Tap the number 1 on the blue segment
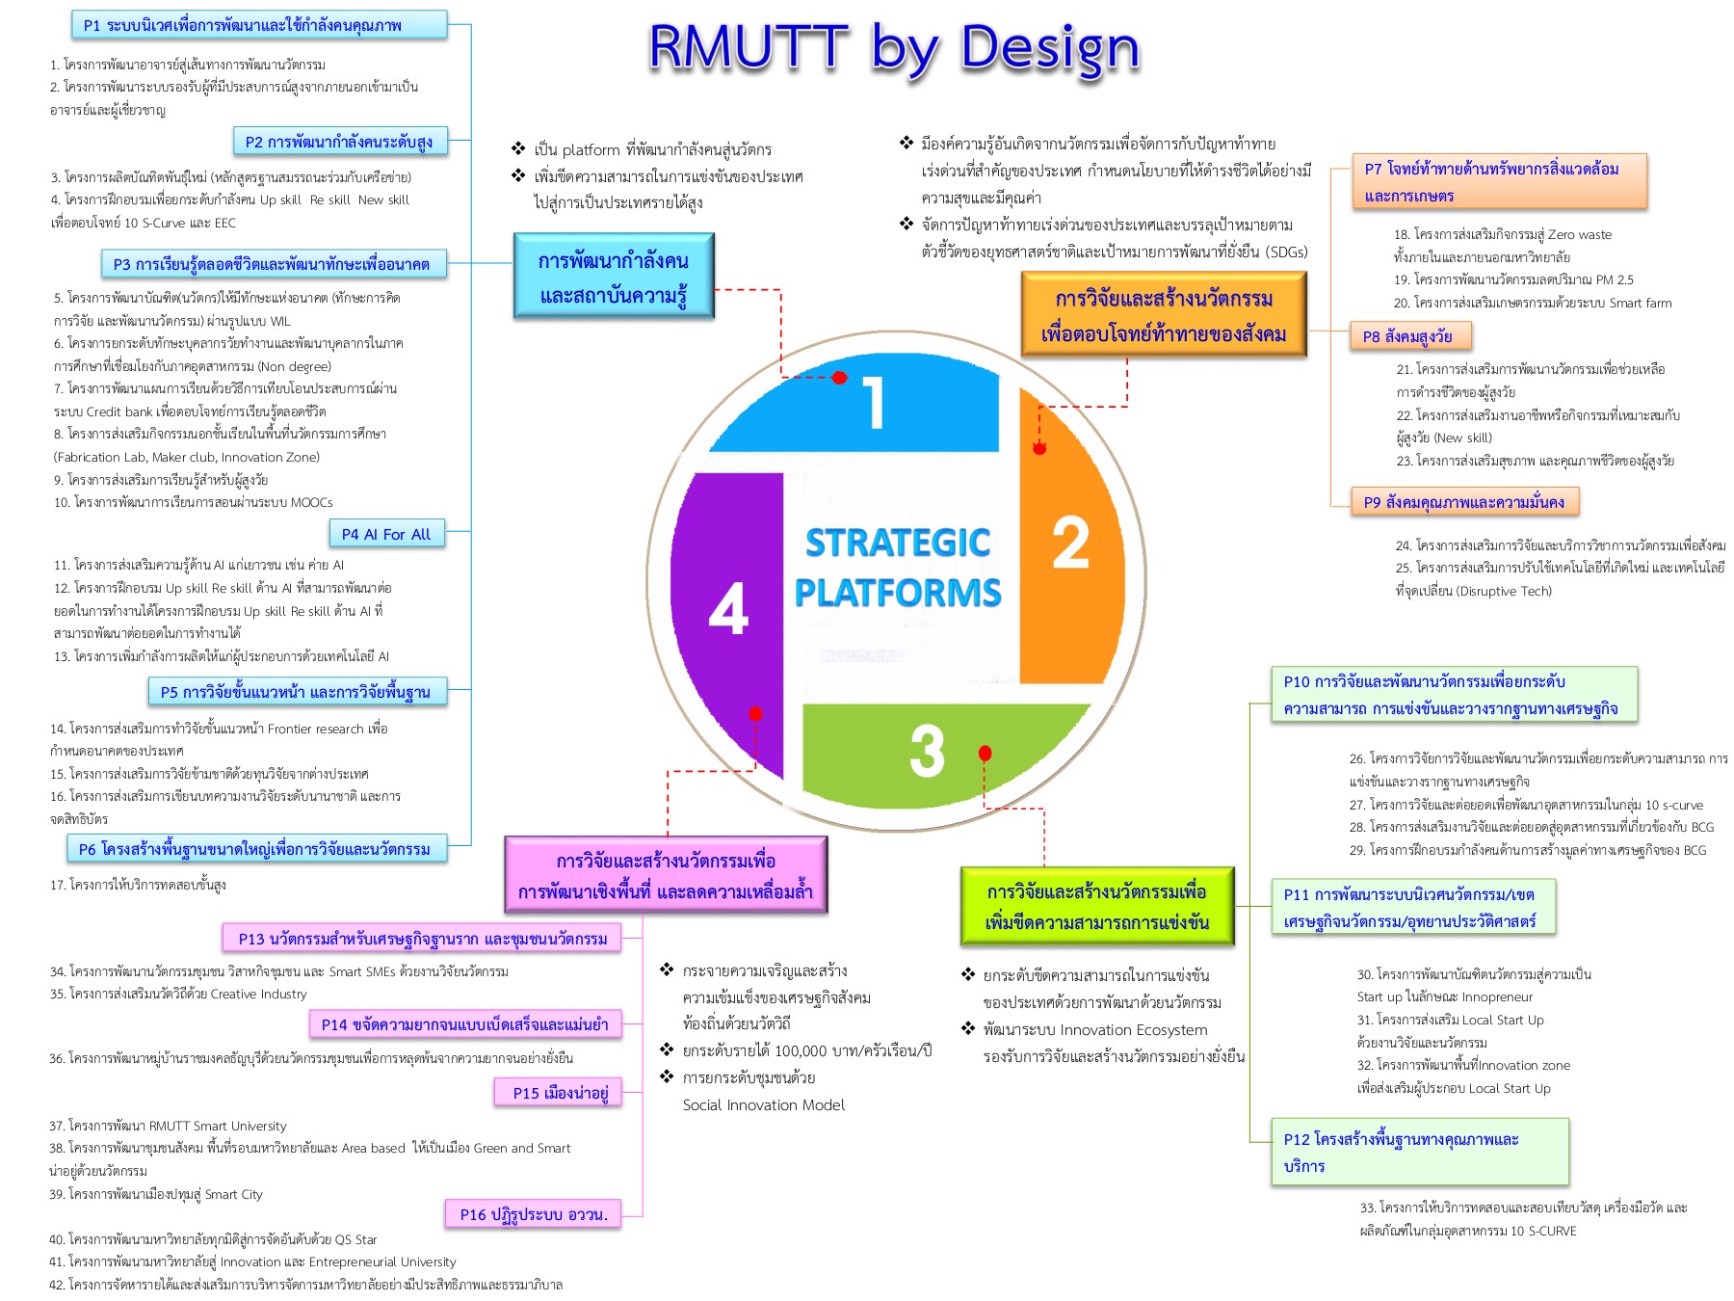(x=873, y=403)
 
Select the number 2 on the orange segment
(x=1070, y=543)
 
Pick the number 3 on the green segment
(x=927, y=752)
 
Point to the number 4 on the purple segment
(x=728, y=609)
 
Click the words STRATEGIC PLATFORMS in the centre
(x=898, y=568)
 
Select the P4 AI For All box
(x=386, y=534)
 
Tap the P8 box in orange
(x=1408, y=336)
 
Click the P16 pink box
(x=534, y=1214)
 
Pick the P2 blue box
(x=339, y=142)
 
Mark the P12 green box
(x=1418, y=1153)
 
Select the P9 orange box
(x=1463, y=502)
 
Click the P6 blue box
(x=256, y=849)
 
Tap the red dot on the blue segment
(x=839, y=378)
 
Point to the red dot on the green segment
(x=985, y=753)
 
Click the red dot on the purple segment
(x=755, y=714)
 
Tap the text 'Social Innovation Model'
(x=763, y=1105)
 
